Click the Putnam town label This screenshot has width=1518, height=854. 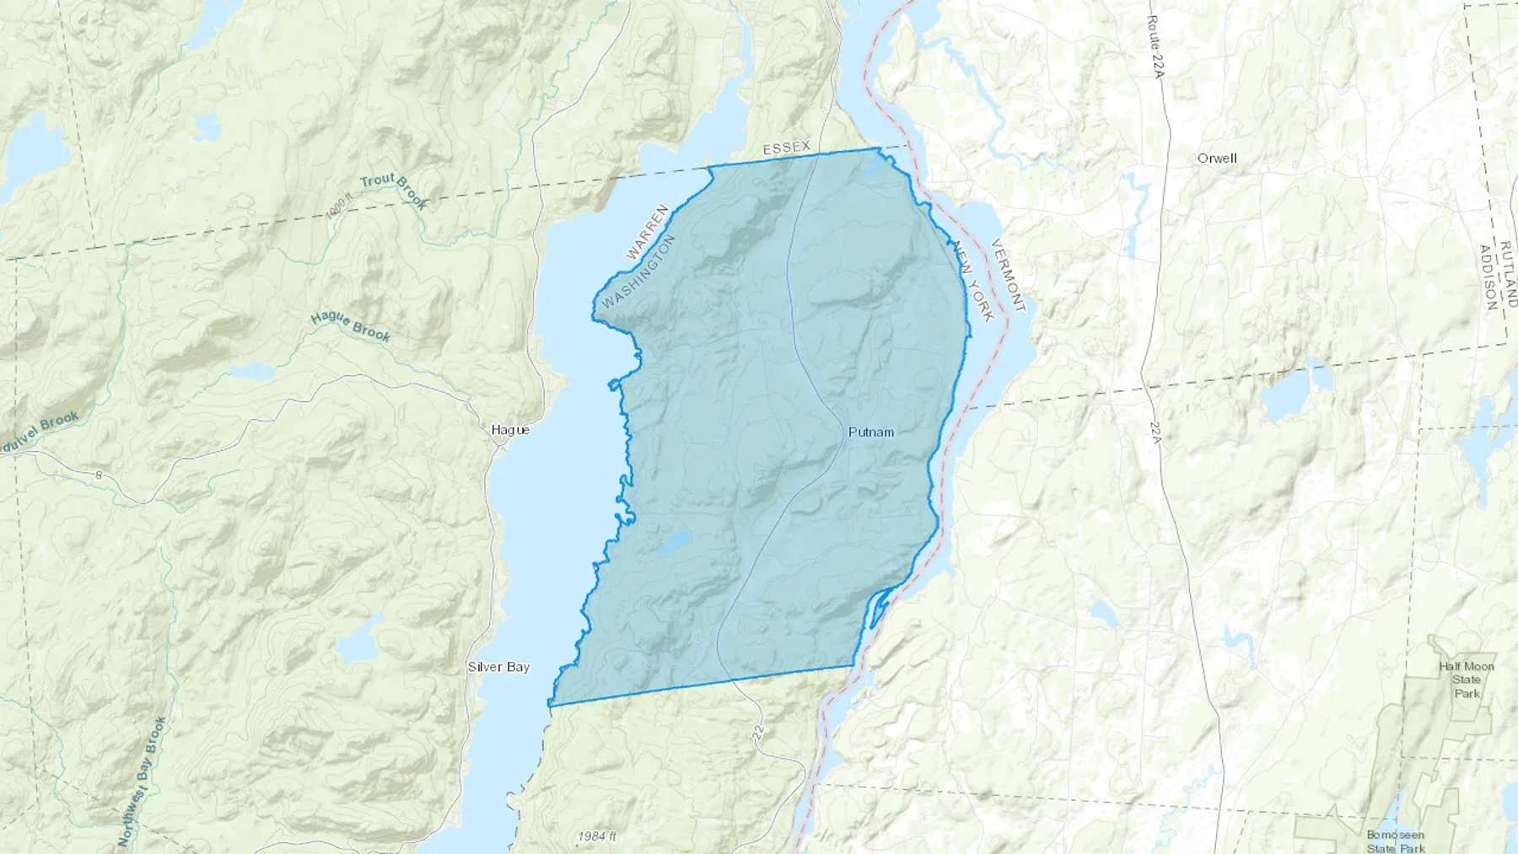(870, 432)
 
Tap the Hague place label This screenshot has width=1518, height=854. (510, 430)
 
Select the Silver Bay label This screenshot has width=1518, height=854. (498, 667)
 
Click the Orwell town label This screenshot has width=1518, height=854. (1217, 158)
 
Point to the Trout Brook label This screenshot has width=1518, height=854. (394, 191)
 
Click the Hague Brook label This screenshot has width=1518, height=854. (351, 327)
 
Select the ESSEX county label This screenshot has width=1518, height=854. (786, 148)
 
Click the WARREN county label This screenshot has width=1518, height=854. (648, 231)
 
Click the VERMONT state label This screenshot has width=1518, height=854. (1008, 276)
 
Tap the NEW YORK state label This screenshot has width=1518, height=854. (973, 281)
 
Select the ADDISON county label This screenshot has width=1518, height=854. (1488, 278)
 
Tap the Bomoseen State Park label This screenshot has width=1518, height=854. (1396, 841)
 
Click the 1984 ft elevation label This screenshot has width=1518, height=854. (597, 836)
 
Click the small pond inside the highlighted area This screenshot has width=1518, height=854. (675, 544)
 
